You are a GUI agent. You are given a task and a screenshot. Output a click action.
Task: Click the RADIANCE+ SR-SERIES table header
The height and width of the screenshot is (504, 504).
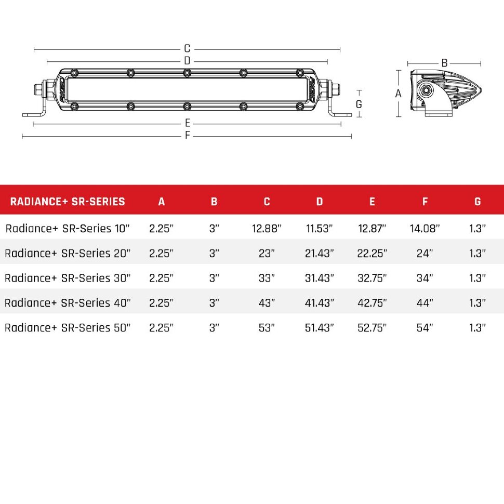coord(68,202)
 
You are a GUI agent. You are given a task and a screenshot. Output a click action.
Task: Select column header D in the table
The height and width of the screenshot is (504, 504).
coord(320,202)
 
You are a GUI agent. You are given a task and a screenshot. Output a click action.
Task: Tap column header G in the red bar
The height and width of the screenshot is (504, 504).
coord(477,202)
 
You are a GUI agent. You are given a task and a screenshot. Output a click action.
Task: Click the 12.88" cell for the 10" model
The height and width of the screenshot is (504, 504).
coord(267,229)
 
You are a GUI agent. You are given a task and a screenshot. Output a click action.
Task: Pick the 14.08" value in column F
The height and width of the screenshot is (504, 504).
coord(425,229)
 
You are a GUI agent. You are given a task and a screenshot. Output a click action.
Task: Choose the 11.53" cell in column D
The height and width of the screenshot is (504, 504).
coord(320,229)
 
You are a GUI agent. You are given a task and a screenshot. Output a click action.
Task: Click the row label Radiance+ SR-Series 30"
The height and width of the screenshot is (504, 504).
coord(68,278)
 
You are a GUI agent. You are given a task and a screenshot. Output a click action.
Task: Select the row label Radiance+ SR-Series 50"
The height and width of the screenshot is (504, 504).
coord(68,328)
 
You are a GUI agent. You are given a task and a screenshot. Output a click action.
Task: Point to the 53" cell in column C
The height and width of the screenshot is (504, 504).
coord(267,328)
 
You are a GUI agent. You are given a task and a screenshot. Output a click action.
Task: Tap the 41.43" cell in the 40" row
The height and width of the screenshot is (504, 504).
coord(320,303)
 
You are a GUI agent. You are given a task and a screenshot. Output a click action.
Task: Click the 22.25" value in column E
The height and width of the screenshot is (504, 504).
coord(372,254)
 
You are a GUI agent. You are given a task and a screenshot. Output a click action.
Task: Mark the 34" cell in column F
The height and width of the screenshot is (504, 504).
coord(425,278)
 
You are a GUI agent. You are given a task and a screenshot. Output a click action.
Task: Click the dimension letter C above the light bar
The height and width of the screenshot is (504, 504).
coord(187,49)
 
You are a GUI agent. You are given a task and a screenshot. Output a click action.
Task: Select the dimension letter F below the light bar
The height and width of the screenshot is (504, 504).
coord(188,136)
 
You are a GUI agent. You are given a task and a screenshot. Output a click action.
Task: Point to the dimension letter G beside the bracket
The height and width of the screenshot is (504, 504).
coord(359,104)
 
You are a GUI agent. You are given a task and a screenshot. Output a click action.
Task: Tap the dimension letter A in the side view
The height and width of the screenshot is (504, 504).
coord(399,94)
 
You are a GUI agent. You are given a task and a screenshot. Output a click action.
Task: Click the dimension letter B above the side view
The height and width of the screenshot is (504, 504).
coord(444,63)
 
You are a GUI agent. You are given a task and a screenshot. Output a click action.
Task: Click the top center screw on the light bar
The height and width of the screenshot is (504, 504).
coord(187,73)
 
